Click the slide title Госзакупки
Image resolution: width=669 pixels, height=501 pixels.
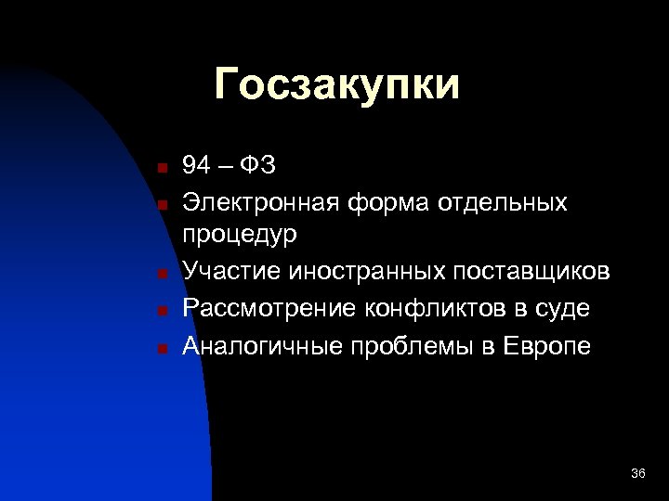(x=336, y=85)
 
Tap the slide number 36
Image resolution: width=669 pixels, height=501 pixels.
(x=637, y=474)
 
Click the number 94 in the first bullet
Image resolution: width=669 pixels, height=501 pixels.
(x=196, y=166)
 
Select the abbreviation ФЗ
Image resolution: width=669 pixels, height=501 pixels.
(x=257, y=166)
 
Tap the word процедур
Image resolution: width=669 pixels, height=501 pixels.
(x=240, y=236)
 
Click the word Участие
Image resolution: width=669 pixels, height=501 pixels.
(x=232, y=271)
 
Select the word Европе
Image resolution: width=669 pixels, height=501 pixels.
(x=547, y=345)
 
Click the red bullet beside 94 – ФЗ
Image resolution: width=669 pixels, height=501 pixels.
(x=161, y=169)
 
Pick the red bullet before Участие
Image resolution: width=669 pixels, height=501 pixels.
(x=161, y=274)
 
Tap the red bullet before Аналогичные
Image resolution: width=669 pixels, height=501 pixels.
(x=161, y=348)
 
